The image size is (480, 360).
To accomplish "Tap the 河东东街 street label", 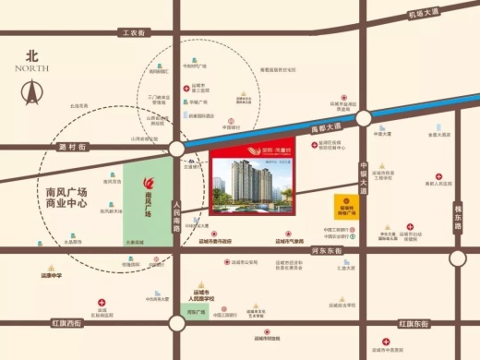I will click(x=328, y=250).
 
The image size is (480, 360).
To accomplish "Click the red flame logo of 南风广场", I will click(x=148, y=183).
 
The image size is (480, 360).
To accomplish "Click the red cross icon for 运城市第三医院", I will click(x=186, y=89).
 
